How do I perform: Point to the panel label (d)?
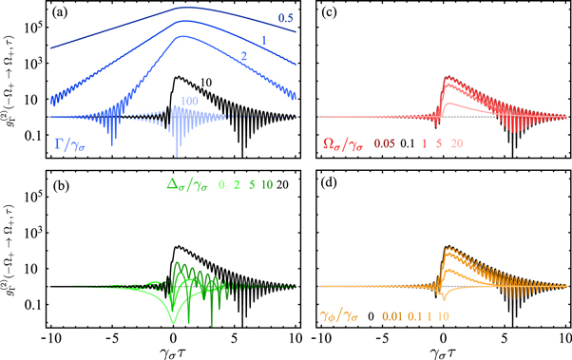pyautogui.click(x=328, y=184)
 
